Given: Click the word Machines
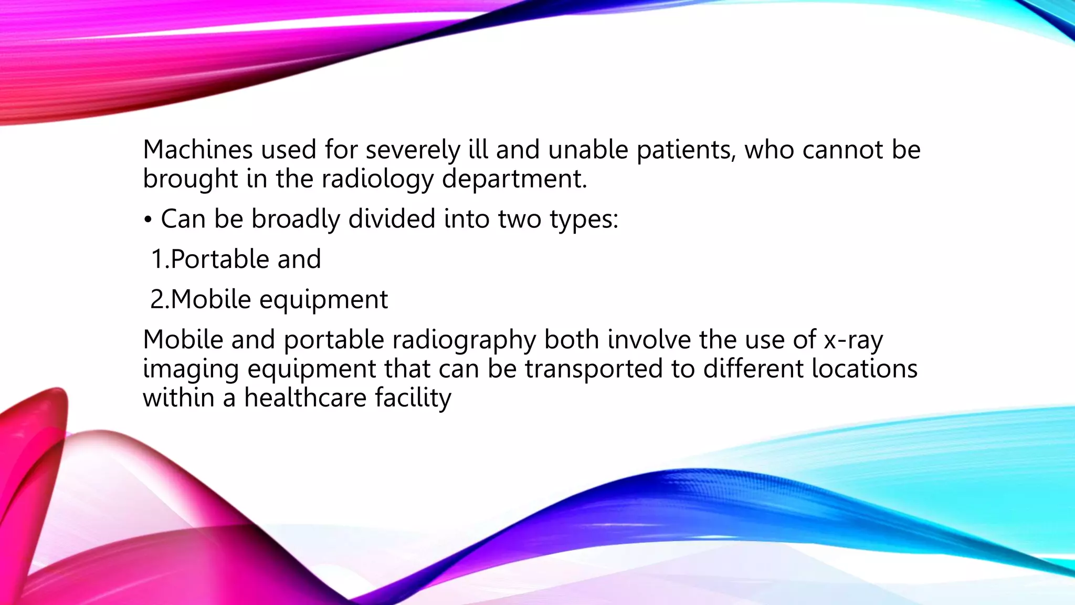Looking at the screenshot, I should click(197, 150).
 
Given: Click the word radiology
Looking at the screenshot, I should click(377, 180).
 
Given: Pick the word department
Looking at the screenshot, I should click(514, 180).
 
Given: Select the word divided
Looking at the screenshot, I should click(392, 218).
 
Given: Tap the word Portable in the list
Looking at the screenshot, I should click(220, 259).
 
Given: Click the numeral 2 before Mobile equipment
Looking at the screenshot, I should click(157, 300).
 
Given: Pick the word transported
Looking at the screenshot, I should click(594, 369).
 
